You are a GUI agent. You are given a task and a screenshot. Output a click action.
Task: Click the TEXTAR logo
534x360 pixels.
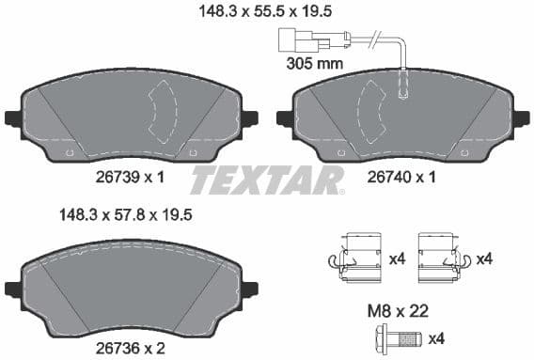267,180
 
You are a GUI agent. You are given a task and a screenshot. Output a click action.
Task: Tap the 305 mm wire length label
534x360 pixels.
314,64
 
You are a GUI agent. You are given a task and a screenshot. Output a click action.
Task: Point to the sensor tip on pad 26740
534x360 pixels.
404,89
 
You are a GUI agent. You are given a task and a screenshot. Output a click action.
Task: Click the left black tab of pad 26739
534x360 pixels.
12,119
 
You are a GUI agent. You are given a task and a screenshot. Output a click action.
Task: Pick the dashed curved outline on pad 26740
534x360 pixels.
372,112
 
